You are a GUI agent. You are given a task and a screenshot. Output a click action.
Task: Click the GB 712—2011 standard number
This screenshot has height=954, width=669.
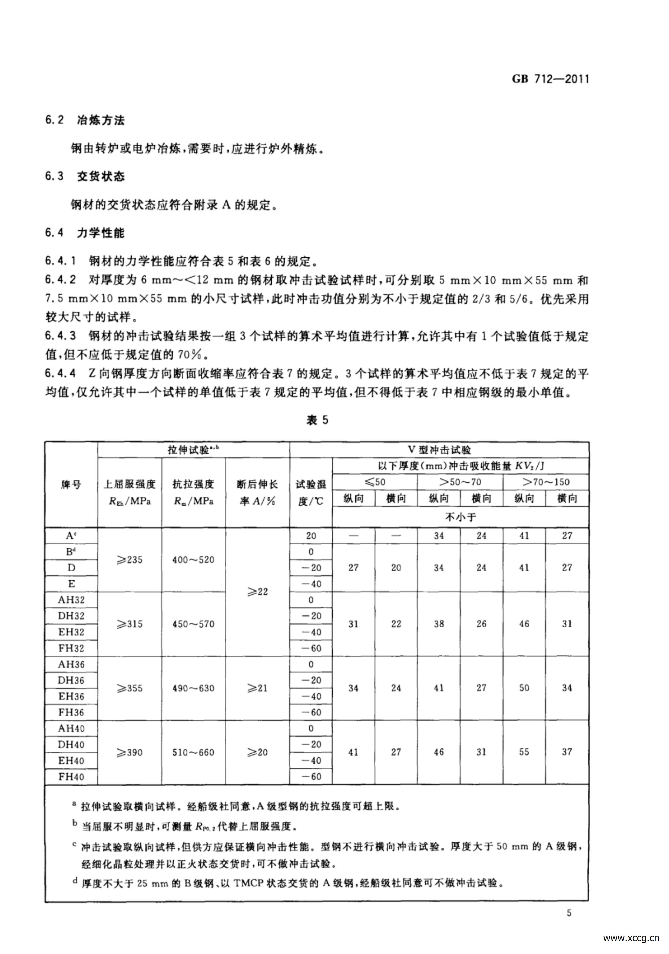[550, 79]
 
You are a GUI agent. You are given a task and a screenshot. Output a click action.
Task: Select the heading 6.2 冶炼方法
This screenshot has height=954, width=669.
[85, 121]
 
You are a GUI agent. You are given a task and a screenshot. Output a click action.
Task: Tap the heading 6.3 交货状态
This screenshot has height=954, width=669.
[85, 176]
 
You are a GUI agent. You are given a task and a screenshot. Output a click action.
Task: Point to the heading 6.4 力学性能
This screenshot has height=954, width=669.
[85, 233]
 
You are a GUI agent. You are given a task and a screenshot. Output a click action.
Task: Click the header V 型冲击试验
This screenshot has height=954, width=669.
[439, 450]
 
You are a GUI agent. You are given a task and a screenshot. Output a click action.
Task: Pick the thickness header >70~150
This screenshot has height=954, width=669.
[545, 482]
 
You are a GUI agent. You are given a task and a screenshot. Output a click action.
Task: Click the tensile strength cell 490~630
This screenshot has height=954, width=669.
[193, 688]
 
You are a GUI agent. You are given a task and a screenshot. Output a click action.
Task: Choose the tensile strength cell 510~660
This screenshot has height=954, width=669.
[193, 753]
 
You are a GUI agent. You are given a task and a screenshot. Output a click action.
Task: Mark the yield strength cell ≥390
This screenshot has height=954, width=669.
[130, 753]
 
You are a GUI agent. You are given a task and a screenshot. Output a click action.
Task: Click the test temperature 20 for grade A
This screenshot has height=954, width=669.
[311, 536]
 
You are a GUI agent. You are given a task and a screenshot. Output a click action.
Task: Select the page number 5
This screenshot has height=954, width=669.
[569, 913]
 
